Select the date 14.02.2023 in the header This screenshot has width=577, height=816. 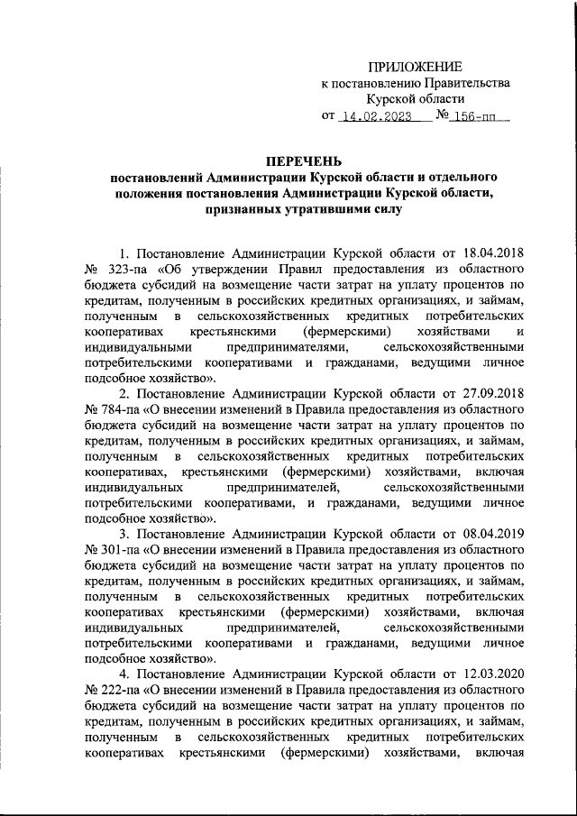tap(376, 117)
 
